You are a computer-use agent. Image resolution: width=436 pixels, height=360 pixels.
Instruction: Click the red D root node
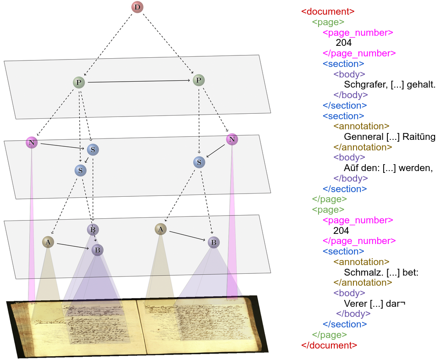tap(137, 7)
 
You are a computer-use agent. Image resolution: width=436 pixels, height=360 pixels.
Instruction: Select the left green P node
tap(79, 83)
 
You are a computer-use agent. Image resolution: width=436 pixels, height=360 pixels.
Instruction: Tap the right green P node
tap(198, 80)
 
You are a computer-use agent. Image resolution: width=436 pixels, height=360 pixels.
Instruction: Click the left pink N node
tap(31, 143)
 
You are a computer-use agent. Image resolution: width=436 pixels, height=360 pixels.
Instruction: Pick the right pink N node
tap(232, 139)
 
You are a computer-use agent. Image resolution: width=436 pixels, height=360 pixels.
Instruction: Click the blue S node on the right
tap(199, 162)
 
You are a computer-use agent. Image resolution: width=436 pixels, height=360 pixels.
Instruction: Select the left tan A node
tap(48, 242)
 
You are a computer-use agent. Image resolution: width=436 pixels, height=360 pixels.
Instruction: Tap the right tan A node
tap(160, 229)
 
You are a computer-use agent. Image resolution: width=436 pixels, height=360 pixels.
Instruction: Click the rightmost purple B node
tap(213, 242)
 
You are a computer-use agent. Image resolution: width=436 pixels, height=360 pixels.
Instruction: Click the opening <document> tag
tap(328, 12)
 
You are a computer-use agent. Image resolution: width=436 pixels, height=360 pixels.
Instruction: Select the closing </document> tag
tap(329, 345)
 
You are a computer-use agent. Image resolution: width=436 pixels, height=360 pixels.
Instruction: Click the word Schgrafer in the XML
tap(365, 85)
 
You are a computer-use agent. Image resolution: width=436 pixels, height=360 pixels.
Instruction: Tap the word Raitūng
tap(419, 137)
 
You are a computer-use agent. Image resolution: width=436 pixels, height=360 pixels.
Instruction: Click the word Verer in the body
tap(354, 303)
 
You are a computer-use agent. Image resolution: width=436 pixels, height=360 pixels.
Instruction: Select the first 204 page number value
tap(343, 43)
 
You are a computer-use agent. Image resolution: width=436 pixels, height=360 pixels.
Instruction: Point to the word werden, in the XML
tap(418, 168)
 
